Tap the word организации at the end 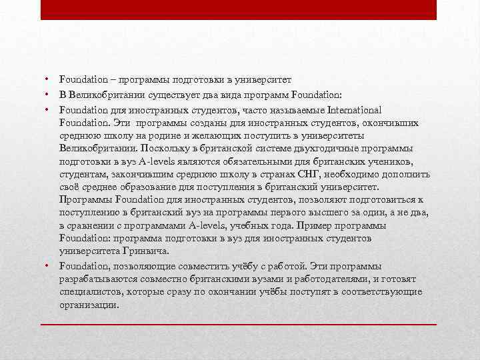coord(88,305)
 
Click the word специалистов coord(89,292)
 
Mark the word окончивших coord(391,123)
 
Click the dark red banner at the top coord(239,10)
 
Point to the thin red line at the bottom coord(239,324)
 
